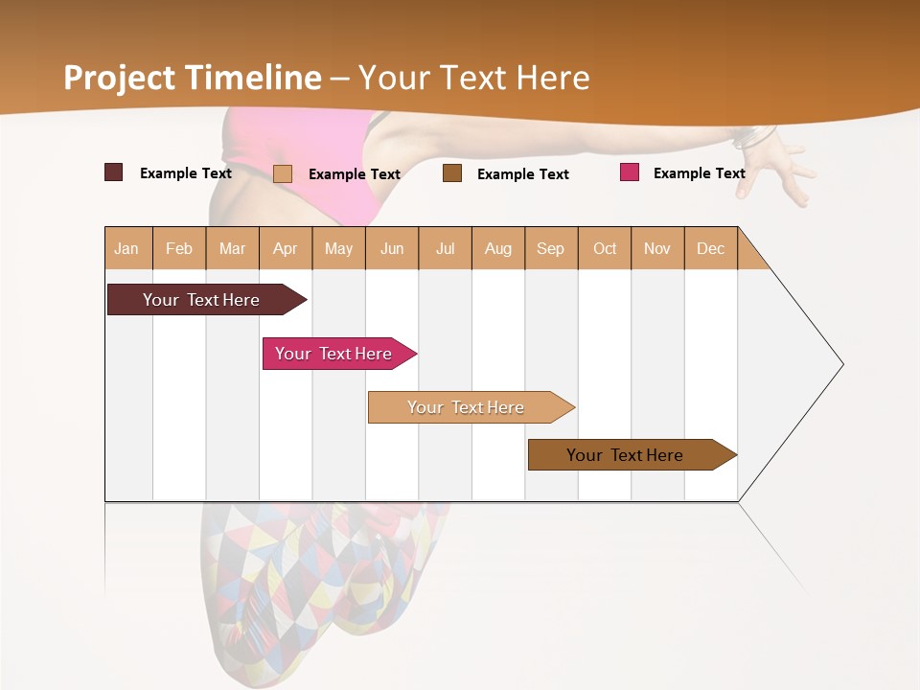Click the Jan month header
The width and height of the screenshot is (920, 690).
pos(126,248)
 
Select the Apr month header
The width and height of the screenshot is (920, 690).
pos(285,248)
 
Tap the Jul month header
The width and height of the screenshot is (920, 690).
pos(445,248)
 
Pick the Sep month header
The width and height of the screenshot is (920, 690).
pos(550,248)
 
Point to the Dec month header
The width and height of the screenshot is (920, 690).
pos(710,248)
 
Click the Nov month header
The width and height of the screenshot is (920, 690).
pos(656,248)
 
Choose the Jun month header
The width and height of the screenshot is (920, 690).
pos(392,248)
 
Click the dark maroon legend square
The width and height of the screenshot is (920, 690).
pos(113,172)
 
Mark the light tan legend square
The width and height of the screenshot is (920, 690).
pos(282,173)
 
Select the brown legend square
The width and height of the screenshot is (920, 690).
pos(452,173)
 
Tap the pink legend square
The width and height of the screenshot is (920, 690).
pos(629,172)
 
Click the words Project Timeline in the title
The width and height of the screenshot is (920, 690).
pos(192,78)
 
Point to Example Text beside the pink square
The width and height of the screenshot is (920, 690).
pos(699,173)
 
